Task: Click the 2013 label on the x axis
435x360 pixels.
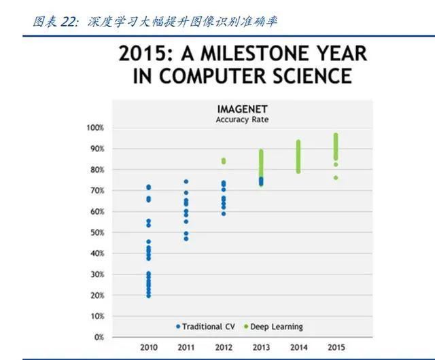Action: [261, 347]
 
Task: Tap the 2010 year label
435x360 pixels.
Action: [149, 347]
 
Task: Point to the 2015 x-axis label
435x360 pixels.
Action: [336, 347]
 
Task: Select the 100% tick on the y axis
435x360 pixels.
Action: [95, 128]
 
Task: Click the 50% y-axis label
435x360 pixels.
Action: [97, 232]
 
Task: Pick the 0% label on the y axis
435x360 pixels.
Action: [99, 338]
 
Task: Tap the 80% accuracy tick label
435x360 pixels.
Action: [97, 169]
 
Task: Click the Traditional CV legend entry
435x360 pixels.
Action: [206, 327]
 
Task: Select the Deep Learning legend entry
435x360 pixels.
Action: [273, 327]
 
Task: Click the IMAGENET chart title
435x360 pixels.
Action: [243, 109]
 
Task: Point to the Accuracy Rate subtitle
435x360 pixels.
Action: [242, 120]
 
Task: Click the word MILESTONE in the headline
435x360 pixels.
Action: [256, 54]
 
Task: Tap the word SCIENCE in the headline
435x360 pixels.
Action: [313, 75]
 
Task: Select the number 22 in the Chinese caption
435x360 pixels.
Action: [68, 22]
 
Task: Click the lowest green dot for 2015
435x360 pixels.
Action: [336, 178]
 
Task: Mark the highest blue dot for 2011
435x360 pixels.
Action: [186, 181]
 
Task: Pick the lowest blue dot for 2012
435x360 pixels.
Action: [224, 214]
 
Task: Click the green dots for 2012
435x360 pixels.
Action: [224, 161]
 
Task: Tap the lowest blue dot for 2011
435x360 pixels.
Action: [186, 239]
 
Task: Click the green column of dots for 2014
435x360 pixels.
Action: [298, 157]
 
